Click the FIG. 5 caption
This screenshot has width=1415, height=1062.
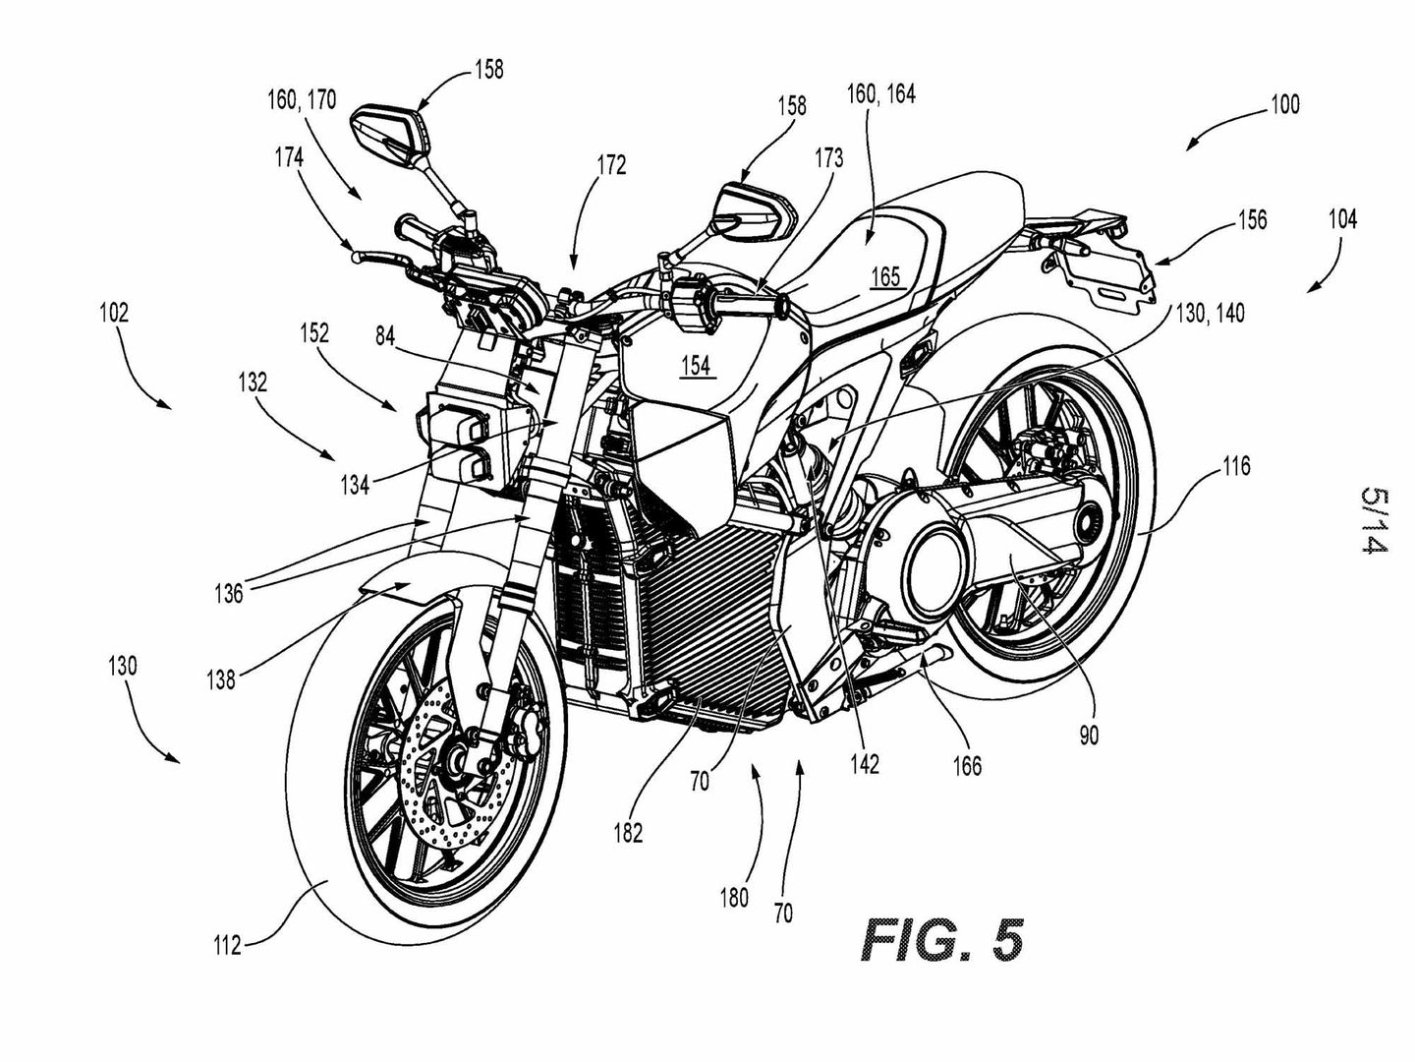click(942, 940)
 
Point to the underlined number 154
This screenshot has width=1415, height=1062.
click(696, 366)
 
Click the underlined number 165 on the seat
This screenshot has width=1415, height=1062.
click(885, 277)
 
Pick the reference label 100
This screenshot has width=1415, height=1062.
click(1282, 104)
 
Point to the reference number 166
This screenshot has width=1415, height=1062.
click(968, 764)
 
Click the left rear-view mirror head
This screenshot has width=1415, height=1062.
click(390, 133)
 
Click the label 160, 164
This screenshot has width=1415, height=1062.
click(880, 94)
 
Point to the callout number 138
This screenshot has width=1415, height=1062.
click(221, 678)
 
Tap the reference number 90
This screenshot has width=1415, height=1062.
click(1089, 734)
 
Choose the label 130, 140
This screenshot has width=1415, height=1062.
click(1209, 314)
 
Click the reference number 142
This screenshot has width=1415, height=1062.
click(865, 762)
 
